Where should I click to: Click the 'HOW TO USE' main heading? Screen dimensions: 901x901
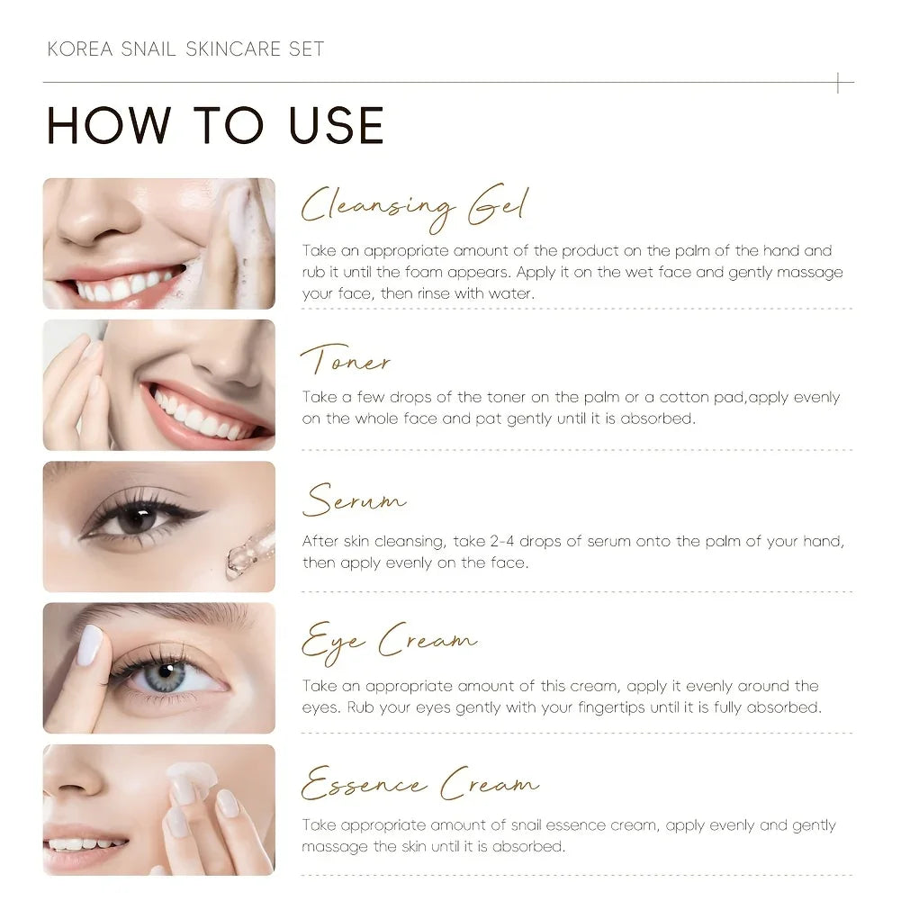(215, 125)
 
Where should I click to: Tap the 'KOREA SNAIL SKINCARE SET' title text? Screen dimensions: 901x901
(185, 49)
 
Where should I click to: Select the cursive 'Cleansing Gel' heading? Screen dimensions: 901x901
(414, 208)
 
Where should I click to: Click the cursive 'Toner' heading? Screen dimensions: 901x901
(346, 359)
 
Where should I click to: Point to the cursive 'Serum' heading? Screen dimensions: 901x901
(354, 500)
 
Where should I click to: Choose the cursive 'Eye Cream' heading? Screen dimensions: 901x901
(389, 643)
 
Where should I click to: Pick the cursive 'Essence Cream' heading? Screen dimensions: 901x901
(420, 783)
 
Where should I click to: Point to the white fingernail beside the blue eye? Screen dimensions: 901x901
(89, 645)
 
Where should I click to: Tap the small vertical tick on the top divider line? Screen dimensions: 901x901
(838, 83)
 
